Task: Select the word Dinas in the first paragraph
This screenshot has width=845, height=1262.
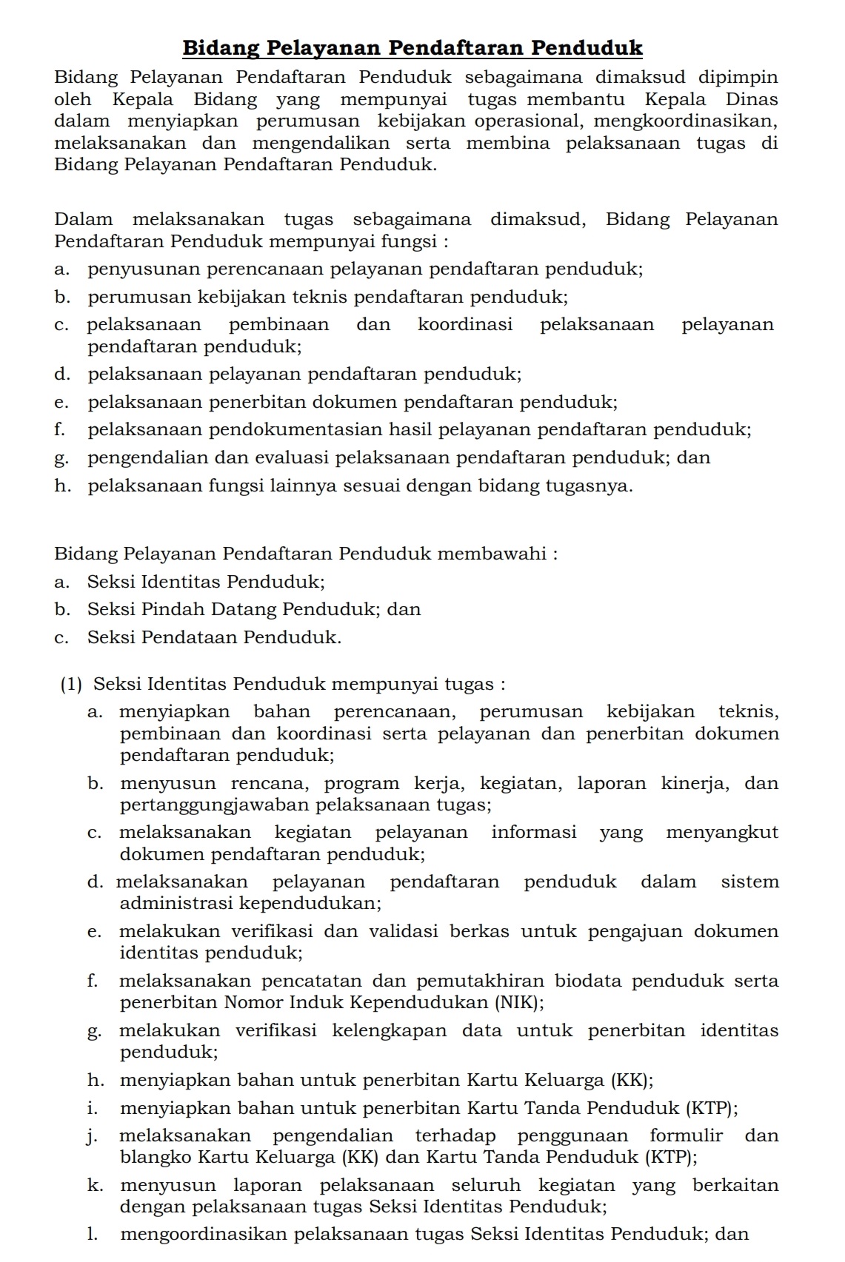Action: tap(751, 99)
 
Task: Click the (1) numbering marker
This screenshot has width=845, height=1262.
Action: tap(72, 684)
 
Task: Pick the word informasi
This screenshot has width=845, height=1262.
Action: tap(533, 832)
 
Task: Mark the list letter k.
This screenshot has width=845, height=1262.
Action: tap(94, 1185)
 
